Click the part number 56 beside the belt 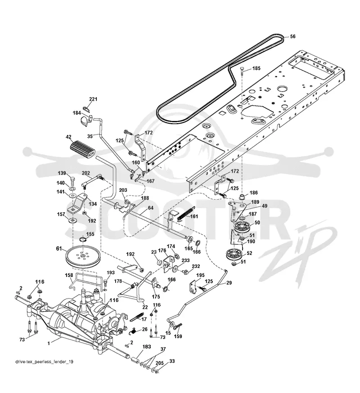pos(292,36)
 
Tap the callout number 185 pos(256,68)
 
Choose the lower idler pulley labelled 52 pos(234,255)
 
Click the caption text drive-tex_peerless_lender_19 pos(45,362)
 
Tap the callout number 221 pos(93,99)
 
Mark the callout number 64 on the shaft pos(150,208)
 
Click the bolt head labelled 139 pos(72,179)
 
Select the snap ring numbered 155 pos(83,240)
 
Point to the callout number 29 pos(229,283)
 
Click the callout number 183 pos(147,347)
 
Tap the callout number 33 pos(172,361)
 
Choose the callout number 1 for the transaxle pos(49,344)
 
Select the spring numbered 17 pos(137,317)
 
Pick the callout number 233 pos(185,260)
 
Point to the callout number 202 pos(86,173)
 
